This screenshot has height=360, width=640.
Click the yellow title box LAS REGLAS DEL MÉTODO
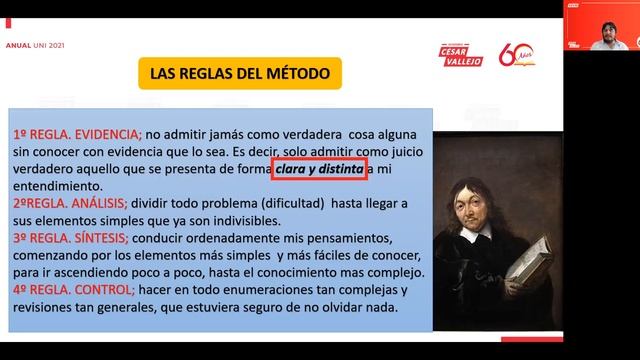pos(236,73)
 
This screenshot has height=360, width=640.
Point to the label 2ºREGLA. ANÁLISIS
pos(76,202)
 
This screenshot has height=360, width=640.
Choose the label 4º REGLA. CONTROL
pos(72,290)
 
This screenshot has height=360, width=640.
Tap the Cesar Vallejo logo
pos(462,51)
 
